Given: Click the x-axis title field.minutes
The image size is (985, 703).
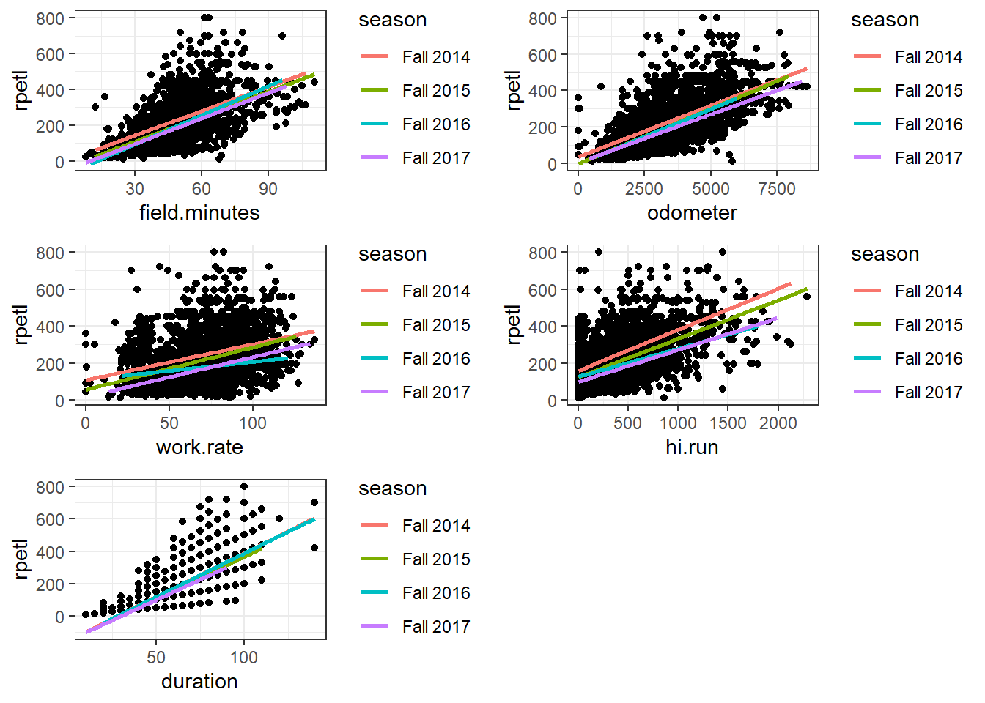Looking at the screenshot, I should [x=199, y=212].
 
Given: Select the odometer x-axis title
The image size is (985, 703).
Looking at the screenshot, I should [x=692, y=212].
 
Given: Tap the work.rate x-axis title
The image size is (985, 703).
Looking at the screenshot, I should [x=199, y=447].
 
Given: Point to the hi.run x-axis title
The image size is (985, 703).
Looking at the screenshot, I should [x=692, y=447].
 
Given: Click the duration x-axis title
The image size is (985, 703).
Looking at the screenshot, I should [x=199, y=681].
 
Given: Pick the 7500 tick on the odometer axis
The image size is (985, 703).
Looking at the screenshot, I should [x=777, y=189].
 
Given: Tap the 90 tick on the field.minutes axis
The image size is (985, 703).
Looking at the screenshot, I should [x=268, y=189].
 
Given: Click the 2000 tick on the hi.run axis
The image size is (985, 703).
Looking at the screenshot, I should [x=778, y=423].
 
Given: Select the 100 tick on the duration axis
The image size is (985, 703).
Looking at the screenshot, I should [x=244, y=658].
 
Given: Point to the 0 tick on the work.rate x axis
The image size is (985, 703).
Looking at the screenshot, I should [x=86, y=423].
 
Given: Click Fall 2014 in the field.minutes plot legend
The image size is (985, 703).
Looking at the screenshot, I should [x=436, y=57].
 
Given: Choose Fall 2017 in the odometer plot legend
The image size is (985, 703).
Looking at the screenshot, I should [x=929, y=158].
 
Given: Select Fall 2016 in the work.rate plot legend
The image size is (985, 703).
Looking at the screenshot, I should [x=436, y=359].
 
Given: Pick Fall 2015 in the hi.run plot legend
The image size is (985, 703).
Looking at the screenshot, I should [x=929, y=325].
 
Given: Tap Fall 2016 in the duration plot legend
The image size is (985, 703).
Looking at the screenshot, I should [x=436, y=593].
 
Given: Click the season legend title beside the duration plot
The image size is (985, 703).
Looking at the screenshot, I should [x=392, y=488].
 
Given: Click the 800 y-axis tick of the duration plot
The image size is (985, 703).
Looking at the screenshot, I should [x=50, y=487].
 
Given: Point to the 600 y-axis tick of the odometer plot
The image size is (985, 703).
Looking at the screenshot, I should [x=542, y=55].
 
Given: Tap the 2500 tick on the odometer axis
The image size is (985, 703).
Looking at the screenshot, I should [x=643, y=189].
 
